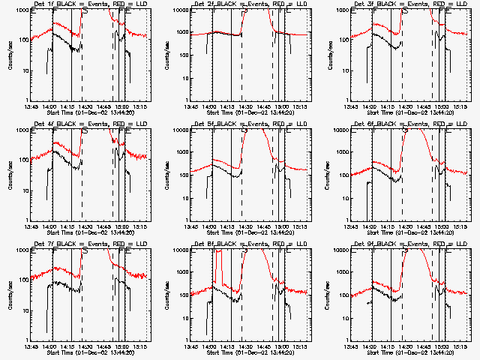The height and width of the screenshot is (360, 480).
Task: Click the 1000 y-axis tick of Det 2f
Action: tap(182, 34)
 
